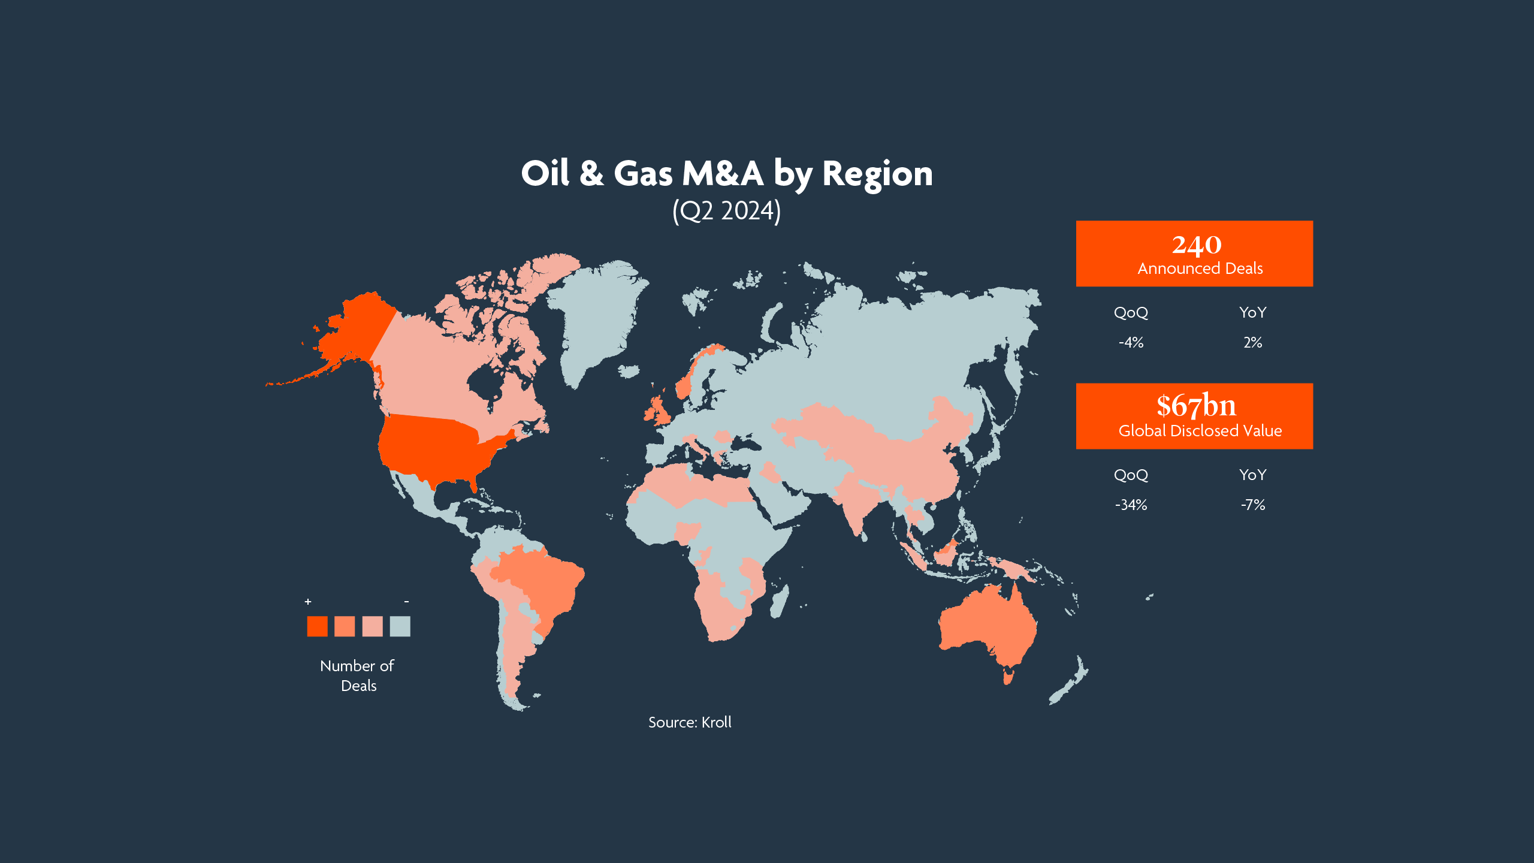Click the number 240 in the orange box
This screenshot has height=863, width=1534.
point(1196,245)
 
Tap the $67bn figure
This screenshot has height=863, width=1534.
point(1196,406)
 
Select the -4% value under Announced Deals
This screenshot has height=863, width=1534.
point(1131,343)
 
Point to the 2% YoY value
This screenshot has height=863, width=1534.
point(1252,343)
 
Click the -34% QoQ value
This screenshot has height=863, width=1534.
point(1131,505)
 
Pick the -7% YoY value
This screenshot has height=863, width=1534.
point(1252,505)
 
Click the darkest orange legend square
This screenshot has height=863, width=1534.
point(317,626)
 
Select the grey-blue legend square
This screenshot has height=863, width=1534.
point(400,626)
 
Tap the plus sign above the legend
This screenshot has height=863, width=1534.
point(308,602)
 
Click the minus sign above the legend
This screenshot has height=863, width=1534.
point(406,602)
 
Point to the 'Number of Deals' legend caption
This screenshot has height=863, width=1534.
point(358,675)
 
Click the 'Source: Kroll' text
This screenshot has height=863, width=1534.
point(690,722)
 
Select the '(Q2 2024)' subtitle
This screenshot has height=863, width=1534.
point(726,211)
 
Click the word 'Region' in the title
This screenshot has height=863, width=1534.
point(877,174)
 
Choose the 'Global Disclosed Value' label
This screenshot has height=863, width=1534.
point(1200,431)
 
